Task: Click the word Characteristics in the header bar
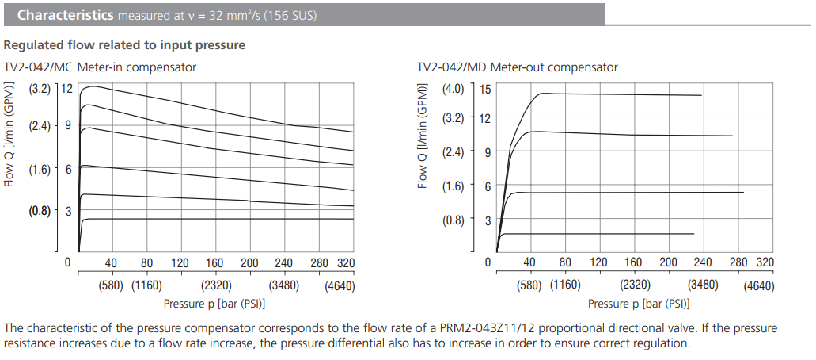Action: [x=65, y=15]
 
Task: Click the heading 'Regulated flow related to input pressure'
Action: [x=124, y=45]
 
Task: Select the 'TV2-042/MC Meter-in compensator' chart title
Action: [x=100, y=67]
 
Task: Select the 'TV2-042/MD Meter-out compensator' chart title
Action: [x=517, y=67]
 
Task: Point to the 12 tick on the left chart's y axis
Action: [x=67, y=90]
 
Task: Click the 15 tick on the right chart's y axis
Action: [x=485, y=90]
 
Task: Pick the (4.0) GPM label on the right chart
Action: [x=453, y=89]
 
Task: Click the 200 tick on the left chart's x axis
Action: [x=250, y=263]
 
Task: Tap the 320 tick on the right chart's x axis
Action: [x=765, y=262]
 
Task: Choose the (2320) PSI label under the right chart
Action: [x=635, y=285]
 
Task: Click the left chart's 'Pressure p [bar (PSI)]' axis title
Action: [x=214, y=304]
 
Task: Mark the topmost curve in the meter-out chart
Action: [x=617, y=94]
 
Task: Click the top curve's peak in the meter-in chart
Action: [x=93, y=86]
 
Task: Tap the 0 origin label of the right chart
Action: [x=488, y=262]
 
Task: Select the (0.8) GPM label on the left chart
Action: [x=40, y=212]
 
